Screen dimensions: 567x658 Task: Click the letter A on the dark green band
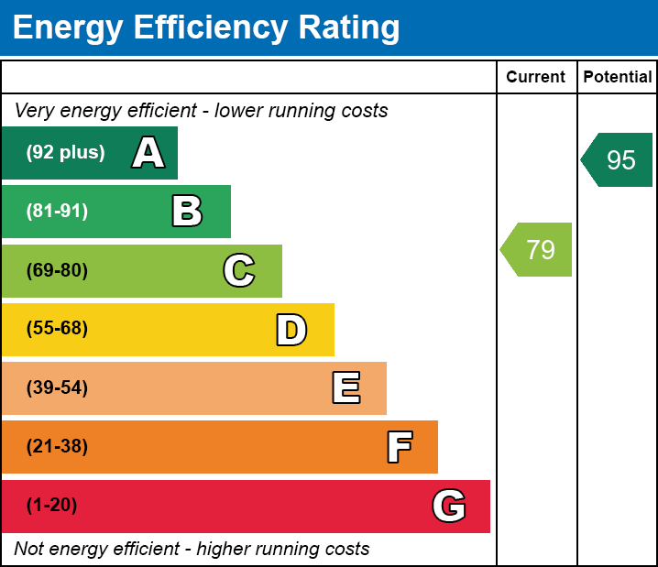pos(148,153)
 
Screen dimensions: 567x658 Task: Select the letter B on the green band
pos(187,212)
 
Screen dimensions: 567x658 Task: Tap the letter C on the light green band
pos(239,270)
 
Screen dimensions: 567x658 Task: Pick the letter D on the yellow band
pos(291,330)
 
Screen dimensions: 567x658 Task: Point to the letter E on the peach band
pos(345,388)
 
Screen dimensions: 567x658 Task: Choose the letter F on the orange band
pos(399,447)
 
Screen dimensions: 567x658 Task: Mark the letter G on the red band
pos(449,506)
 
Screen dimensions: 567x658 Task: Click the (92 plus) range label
pos(65,153)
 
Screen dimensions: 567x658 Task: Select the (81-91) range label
pos(57,212)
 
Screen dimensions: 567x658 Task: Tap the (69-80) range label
pos(57,270)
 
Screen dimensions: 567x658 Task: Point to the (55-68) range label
pos(57,329)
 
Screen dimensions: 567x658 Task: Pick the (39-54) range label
pos(57,388)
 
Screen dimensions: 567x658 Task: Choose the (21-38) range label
pos(57,447)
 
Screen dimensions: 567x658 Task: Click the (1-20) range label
pos(51,506)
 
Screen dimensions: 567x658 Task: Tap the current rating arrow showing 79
pos(537,249)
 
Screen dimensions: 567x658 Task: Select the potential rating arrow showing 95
pos(618,160)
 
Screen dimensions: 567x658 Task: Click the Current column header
pos(536,78)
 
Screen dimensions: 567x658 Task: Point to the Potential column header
pos(618,78)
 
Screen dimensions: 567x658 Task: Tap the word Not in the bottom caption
pos(29,550)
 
